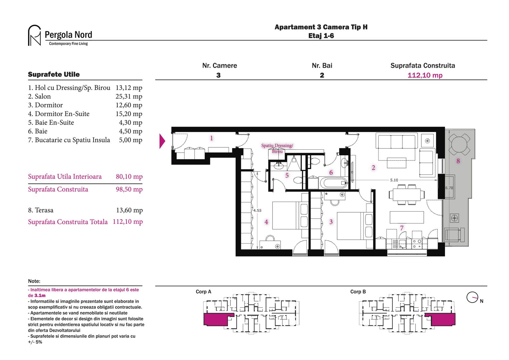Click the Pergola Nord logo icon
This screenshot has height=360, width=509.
(x=34, y=35)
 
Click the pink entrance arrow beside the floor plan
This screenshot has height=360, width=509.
(x=162, y=141)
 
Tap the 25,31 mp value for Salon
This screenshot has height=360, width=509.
(x=129, y=96)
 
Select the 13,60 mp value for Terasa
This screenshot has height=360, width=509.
(x=129, y=210)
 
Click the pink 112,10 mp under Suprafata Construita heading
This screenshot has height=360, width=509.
(x=425, y=75)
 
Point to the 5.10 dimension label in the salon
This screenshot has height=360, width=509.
(x=394, y=180)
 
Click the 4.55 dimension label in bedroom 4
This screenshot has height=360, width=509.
(x=257, y=210)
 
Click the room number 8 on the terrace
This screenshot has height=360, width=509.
(x=458, y=161)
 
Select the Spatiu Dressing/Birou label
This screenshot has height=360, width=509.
(x=277, y=148)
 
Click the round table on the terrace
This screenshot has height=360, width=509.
(x=459, y=144)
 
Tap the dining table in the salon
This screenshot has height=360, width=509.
(x=406, y=194)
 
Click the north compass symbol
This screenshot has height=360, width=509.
(x=472, y=297)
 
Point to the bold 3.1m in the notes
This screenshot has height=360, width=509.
(x=40, y=296)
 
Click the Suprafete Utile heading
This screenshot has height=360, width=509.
(x=54, y=74)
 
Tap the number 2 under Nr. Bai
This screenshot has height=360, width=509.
(x=322, y=75)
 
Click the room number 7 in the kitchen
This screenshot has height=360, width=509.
(x=402, y=228)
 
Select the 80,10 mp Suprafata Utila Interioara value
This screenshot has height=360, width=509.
(x=129, y=177)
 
